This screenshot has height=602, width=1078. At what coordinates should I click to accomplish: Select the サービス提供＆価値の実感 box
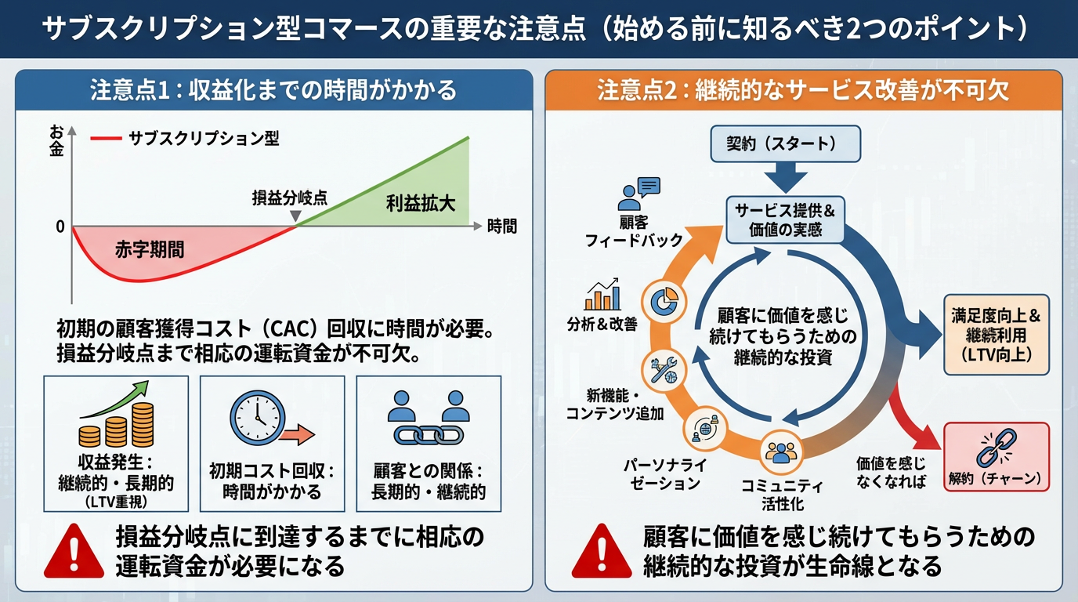coord(774,219)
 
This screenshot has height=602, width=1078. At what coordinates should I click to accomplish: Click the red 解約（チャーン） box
coord(996,457)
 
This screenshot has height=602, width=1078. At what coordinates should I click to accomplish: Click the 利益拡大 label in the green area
coord(421,204)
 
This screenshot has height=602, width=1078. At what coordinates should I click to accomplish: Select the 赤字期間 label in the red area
coord(150,250)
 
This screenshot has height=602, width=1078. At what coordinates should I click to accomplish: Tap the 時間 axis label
coord(502,227)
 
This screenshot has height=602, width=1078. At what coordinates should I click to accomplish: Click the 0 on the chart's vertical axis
coord(60,227)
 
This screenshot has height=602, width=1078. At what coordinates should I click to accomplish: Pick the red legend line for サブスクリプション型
coord(106,140)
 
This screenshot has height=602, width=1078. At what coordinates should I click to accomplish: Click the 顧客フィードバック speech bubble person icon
coord(638,193)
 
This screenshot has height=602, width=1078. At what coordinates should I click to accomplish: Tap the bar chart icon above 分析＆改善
coord(602,295)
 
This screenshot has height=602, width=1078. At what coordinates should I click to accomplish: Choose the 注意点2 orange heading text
coord(803,91)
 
